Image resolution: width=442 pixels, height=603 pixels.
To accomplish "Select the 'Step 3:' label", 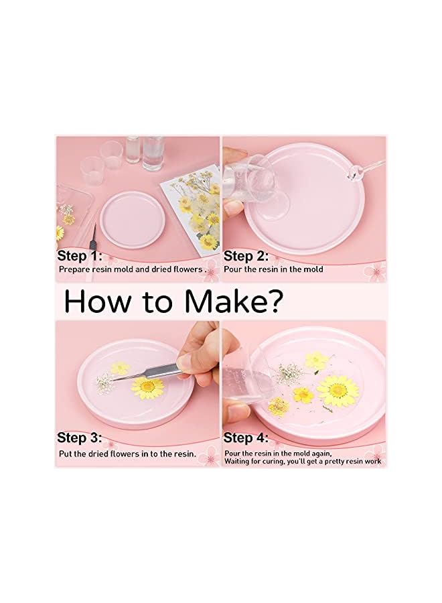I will click(x=80, y=438).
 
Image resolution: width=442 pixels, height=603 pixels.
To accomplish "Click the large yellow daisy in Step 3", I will click(x=147, y=386).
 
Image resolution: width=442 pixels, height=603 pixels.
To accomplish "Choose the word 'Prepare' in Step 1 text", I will click(x=73, y=269).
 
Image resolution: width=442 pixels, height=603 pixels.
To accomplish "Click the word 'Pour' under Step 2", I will click(x=232, y=269).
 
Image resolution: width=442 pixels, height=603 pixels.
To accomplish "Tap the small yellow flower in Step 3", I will click(x=120, y=367).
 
